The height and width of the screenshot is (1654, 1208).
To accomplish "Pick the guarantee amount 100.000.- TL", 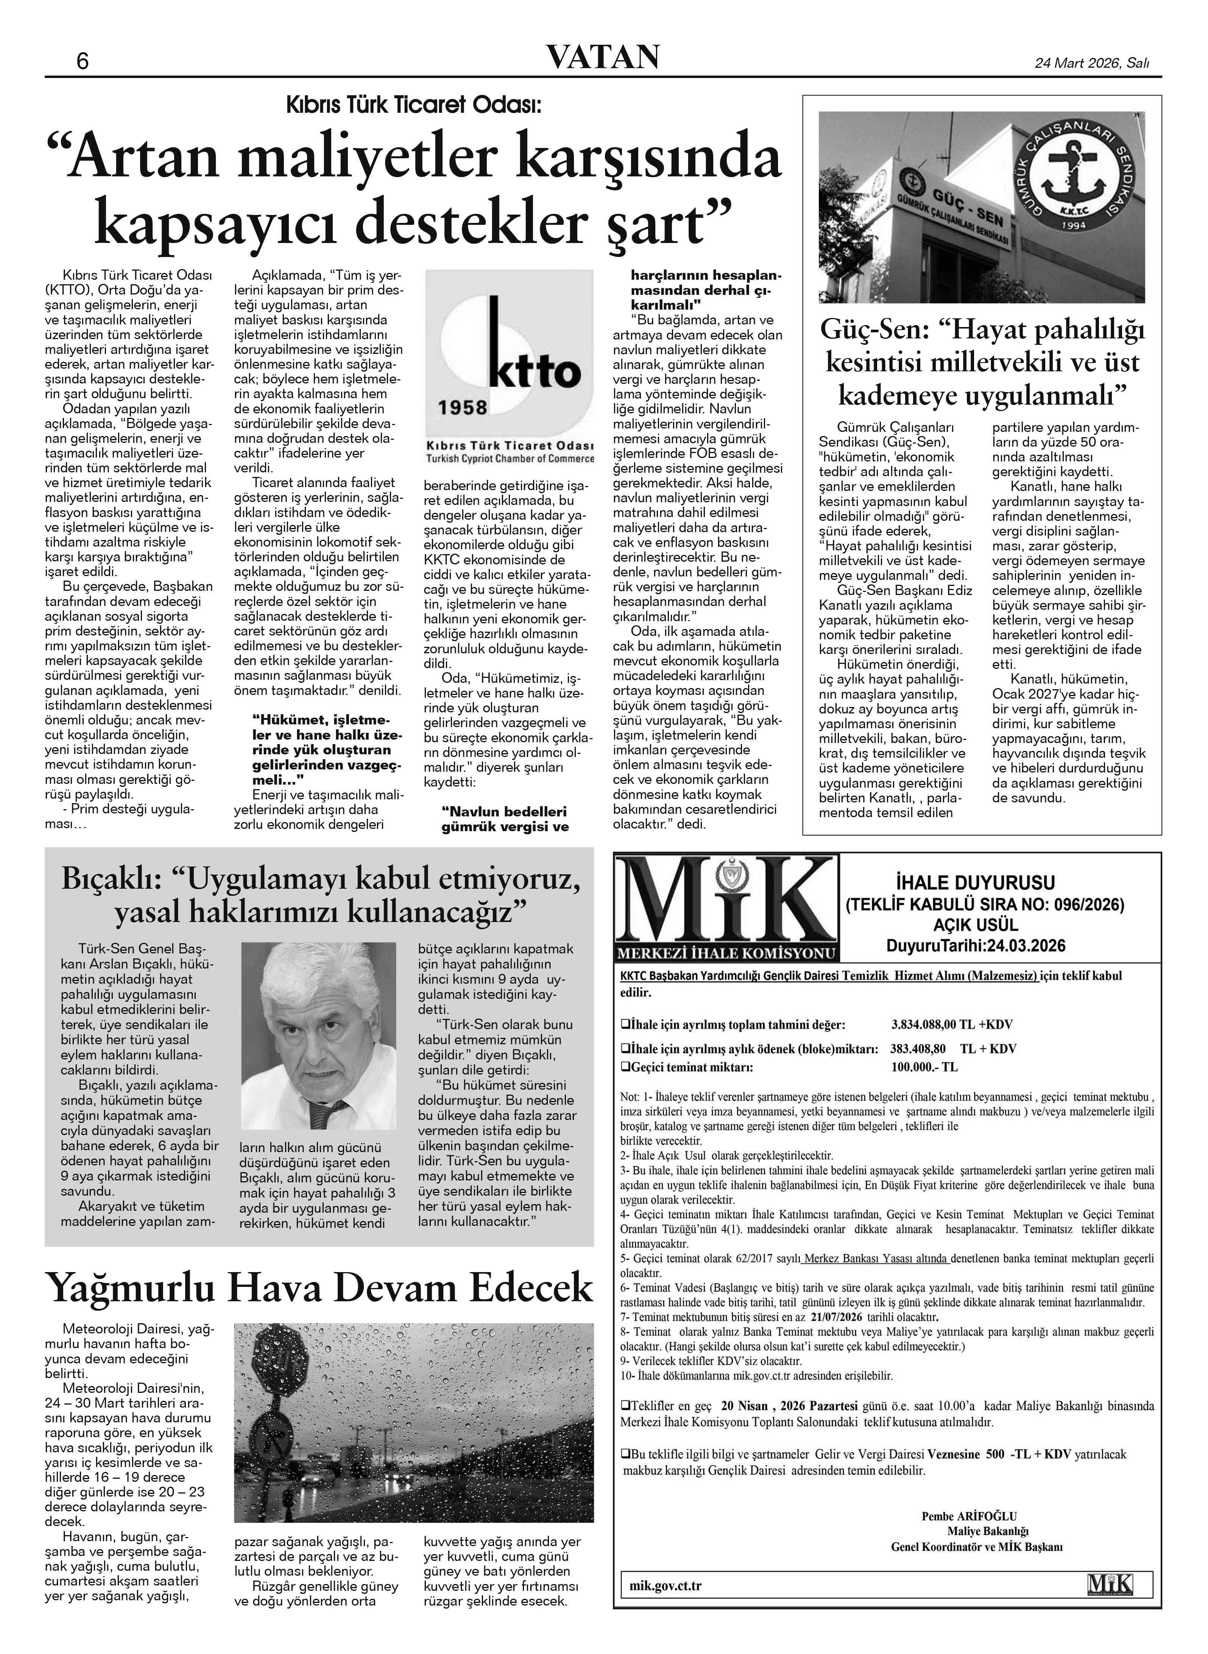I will point(924,1067).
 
